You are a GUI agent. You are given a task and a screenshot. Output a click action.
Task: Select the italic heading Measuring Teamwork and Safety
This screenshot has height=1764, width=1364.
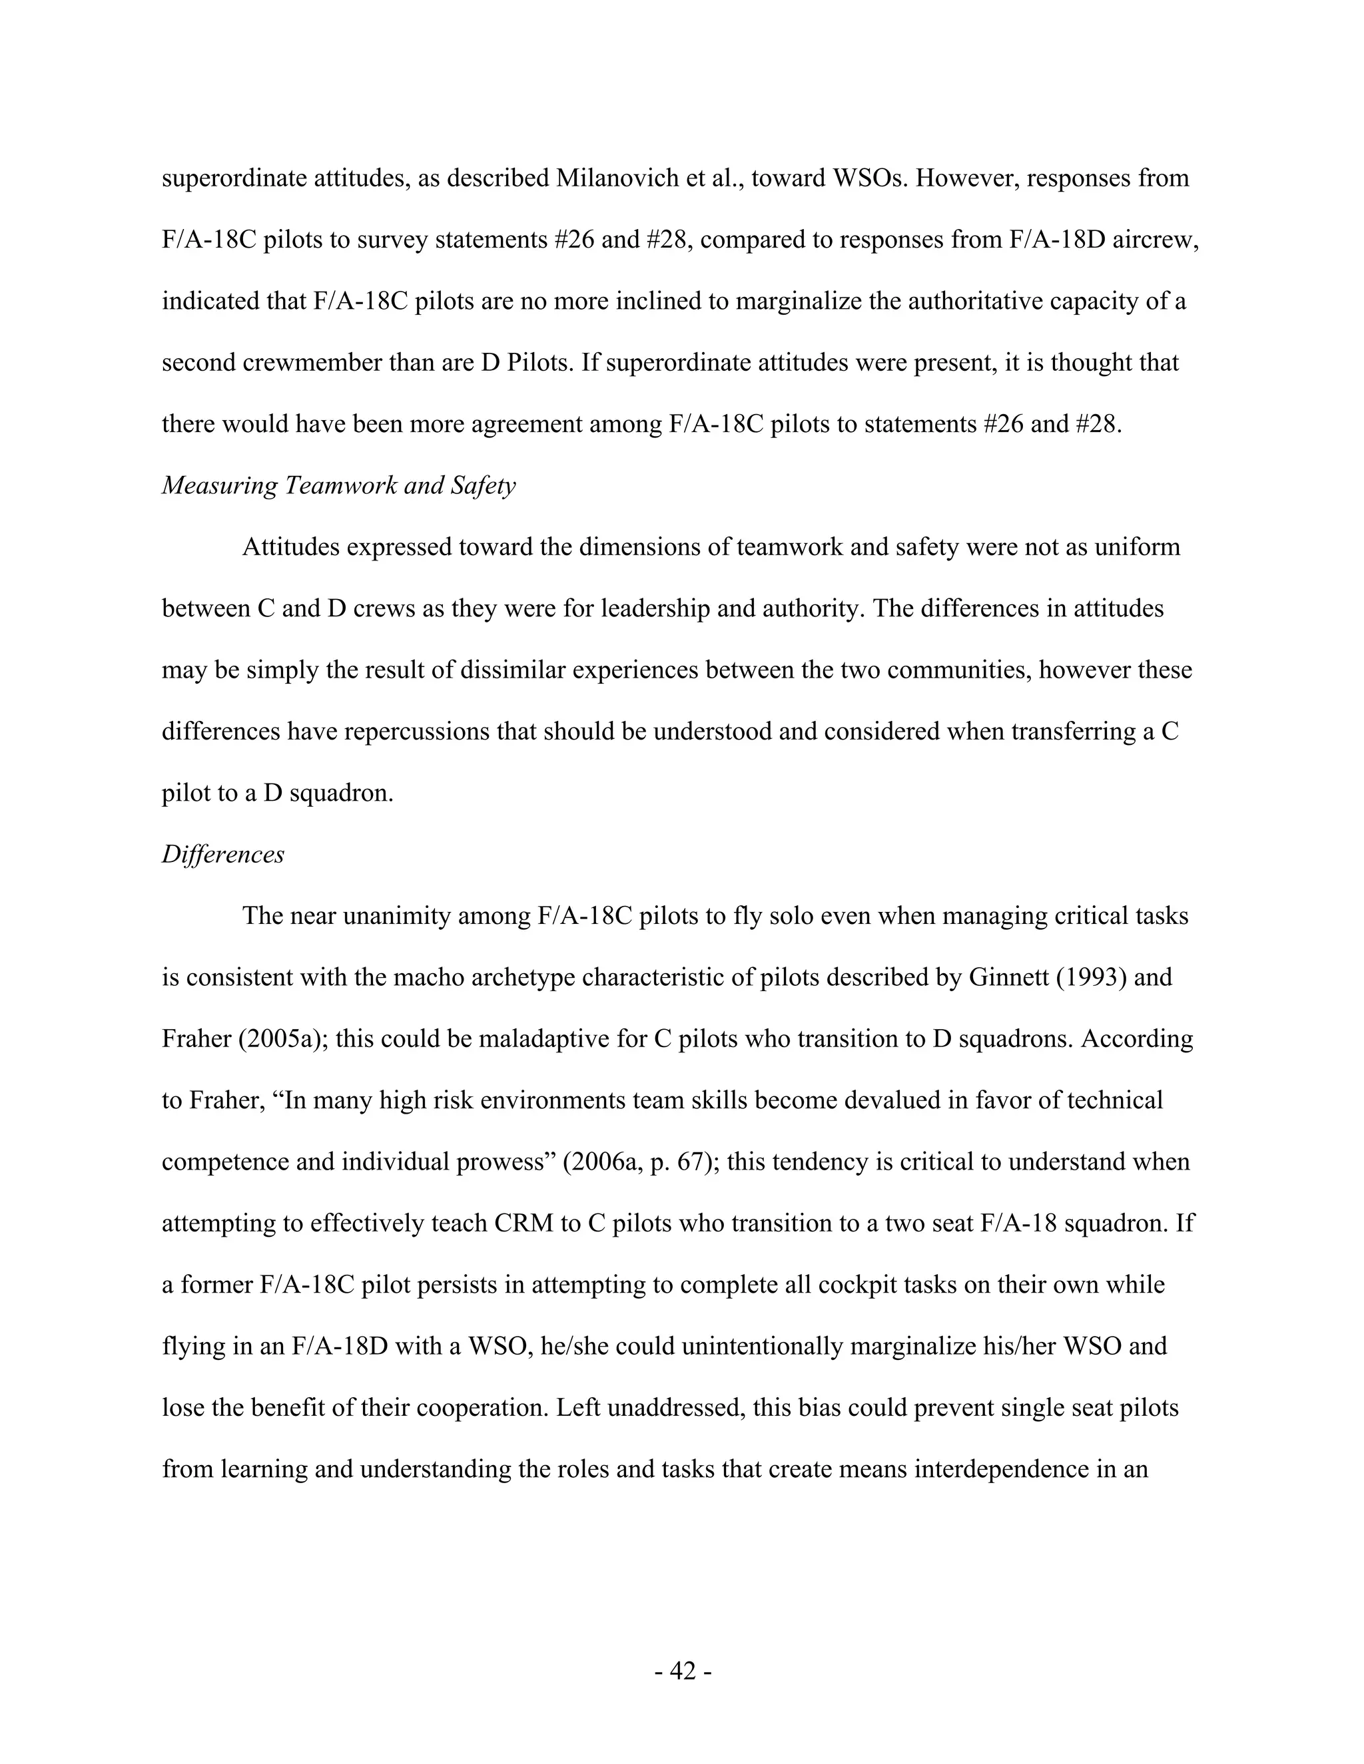pyautogui.click(x=338, y=485)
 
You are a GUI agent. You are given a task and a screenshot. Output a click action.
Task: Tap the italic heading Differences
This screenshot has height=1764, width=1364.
pyautogui.click(x=223, y=854)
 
